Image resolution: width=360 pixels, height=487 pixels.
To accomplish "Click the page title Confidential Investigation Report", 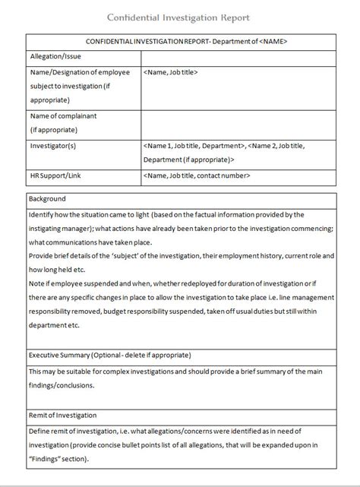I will (179, 16).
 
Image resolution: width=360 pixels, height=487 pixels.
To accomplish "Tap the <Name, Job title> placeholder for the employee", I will (171, 72).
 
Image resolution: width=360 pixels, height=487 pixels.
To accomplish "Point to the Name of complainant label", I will (63, 116).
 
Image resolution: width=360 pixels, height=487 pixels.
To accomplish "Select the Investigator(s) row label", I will (54, 145).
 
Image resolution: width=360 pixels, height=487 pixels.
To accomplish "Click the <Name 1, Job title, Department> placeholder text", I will (193, 145).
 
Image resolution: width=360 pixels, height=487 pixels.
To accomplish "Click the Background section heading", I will (47, 200).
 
